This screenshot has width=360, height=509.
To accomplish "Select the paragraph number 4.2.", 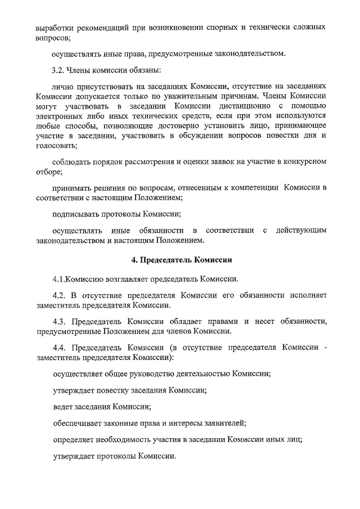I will [59, 295].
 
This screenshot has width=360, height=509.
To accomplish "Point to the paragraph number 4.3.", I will [59, 321].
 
